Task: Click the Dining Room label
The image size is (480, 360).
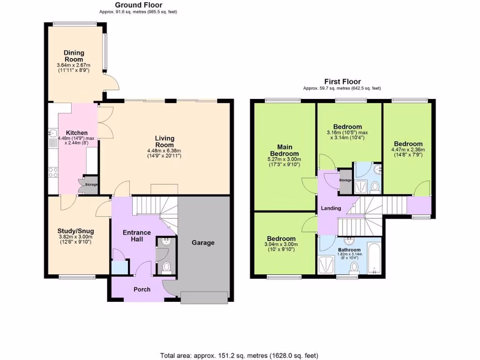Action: coord(74,56)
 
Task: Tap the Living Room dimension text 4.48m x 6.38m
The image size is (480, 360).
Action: coord(165,150)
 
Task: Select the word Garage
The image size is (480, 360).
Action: coord(203,243)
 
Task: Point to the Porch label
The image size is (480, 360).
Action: coord(142,289)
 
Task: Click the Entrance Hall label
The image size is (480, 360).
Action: coord(136,236)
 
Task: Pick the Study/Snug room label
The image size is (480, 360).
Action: coord(75,231)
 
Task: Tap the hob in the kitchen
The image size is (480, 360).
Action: coord(52,172)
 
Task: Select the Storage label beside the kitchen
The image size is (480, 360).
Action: coord(91,185)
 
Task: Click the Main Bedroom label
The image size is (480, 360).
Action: coord(285,150)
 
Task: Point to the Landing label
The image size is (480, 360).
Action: coord(330,208)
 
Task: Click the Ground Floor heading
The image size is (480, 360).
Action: coord(139,5)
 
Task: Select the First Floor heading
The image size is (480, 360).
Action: coord(342,82)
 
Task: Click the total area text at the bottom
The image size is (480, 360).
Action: coord(240,355)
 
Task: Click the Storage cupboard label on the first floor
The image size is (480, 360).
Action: coord(345,180)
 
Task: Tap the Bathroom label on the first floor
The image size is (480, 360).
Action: coord(349,250)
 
